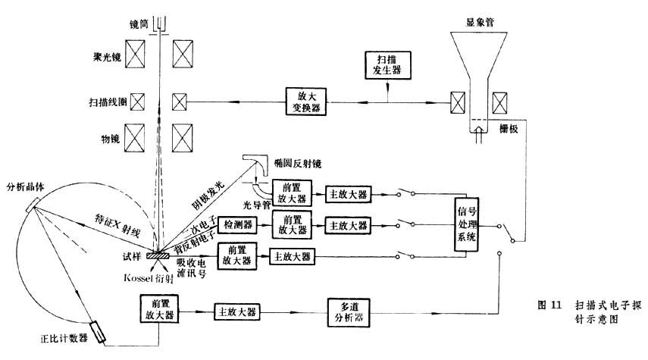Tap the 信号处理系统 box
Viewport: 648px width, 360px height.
[x=467, y=227]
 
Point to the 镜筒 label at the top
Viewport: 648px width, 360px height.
[x=139, y=23]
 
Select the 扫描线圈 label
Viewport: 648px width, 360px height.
[x=106, y=100]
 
